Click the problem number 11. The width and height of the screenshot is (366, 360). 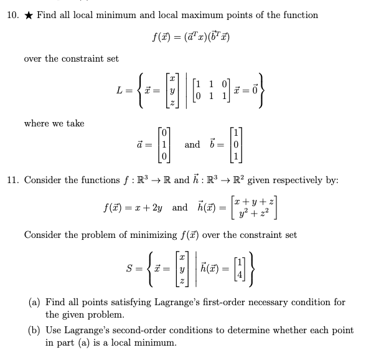12,181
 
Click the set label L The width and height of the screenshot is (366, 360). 121,91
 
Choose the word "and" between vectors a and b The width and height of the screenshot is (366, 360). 193,145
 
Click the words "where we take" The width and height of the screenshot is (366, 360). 54,123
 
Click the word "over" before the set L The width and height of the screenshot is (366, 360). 34,58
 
